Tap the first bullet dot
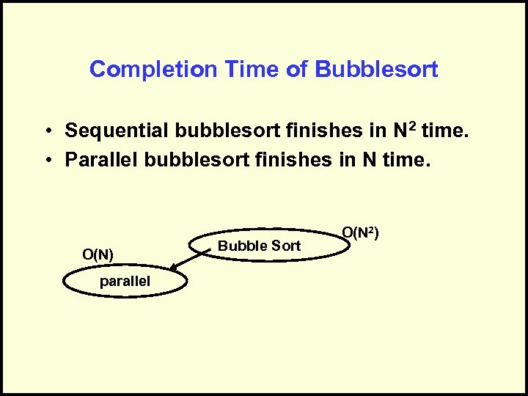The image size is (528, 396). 45,132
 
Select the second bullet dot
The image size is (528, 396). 45,160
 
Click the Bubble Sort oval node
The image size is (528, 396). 271,246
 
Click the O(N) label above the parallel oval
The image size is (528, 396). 98,254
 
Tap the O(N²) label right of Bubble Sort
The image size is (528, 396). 360,233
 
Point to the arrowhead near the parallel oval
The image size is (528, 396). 166,271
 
